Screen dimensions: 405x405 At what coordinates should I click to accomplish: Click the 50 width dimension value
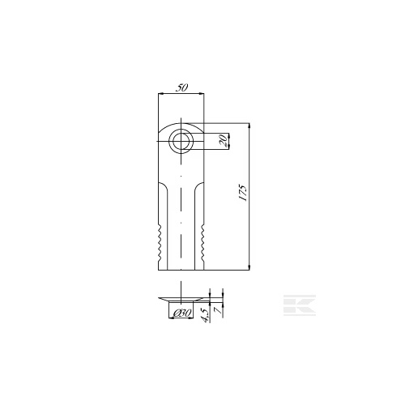[x=181, y=88]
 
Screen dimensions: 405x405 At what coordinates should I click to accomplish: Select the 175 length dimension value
[x=243, y=193]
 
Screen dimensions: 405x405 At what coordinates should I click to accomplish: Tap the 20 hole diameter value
[x=223, y=141]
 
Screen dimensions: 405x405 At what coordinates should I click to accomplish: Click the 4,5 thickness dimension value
[x=205, y=315]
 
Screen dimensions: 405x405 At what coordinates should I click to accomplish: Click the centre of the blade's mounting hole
[x=181, y=141]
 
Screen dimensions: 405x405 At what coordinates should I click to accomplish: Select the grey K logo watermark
[x=300, y=305]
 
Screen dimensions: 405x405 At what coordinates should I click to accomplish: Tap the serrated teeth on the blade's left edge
[x=160, y=244]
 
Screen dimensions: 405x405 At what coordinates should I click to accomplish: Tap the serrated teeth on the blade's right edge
[x=202, y=244]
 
